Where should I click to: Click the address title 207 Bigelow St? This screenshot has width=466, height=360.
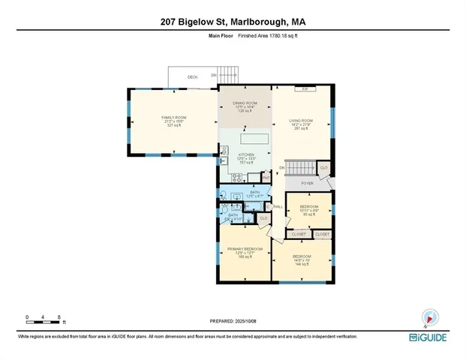[233, 22]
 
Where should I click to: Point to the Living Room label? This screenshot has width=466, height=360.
[301, 124]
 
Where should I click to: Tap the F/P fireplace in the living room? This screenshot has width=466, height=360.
[305, 89]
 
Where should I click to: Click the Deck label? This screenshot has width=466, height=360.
[192, 77]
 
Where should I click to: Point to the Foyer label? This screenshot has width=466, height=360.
[307, 182]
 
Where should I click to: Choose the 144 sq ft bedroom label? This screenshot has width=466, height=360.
[302, 260]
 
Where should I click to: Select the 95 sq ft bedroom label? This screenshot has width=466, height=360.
[309, 209]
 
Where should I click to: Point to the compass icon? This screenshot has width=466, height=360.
[428, 318]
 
